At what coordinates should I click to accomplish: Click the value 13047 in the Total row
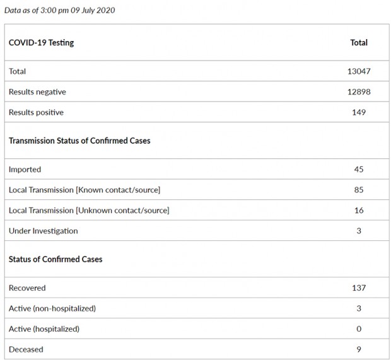click(358, 71)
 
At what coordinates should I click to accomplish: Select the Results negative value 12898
click(358, 92)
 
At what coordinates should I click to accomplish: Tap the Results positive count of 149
click(358, 112)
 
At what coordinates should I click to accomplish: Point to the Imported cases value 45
click(359, 169)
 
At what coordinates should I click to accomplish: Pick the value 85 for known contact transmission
click(359, 190)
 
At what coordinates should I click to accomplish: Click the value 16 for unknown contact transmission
click(359, 210)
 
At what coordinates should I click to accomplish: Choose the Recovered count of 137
click(359, 287)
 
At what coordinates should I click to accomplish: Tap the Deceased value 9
click(359, 349)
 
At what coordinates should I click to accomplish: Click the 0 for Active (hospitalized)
click(359, 328)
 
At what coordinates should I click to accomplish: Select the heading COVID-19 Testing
click(41, 43)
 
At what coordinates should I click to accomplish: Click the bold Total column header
click(359, 43)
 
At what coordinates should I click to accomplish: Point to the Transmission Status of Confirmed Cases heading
click(79, 141)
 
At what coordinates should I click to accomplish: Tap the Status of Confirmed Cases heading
click(55, 259)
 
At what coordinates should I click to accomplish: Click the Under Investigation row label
click(43, 231)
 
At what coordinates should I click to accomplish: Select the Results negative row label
click(37, 92)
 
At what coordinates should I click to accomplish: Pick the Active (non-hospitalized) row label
click(52, 308)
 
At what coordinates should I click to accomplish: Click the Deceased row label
click(26, 349)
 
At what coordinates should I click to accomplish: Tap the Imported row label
click(25, 169)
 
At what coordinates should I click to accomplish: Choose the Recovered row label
click(27, 287)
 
